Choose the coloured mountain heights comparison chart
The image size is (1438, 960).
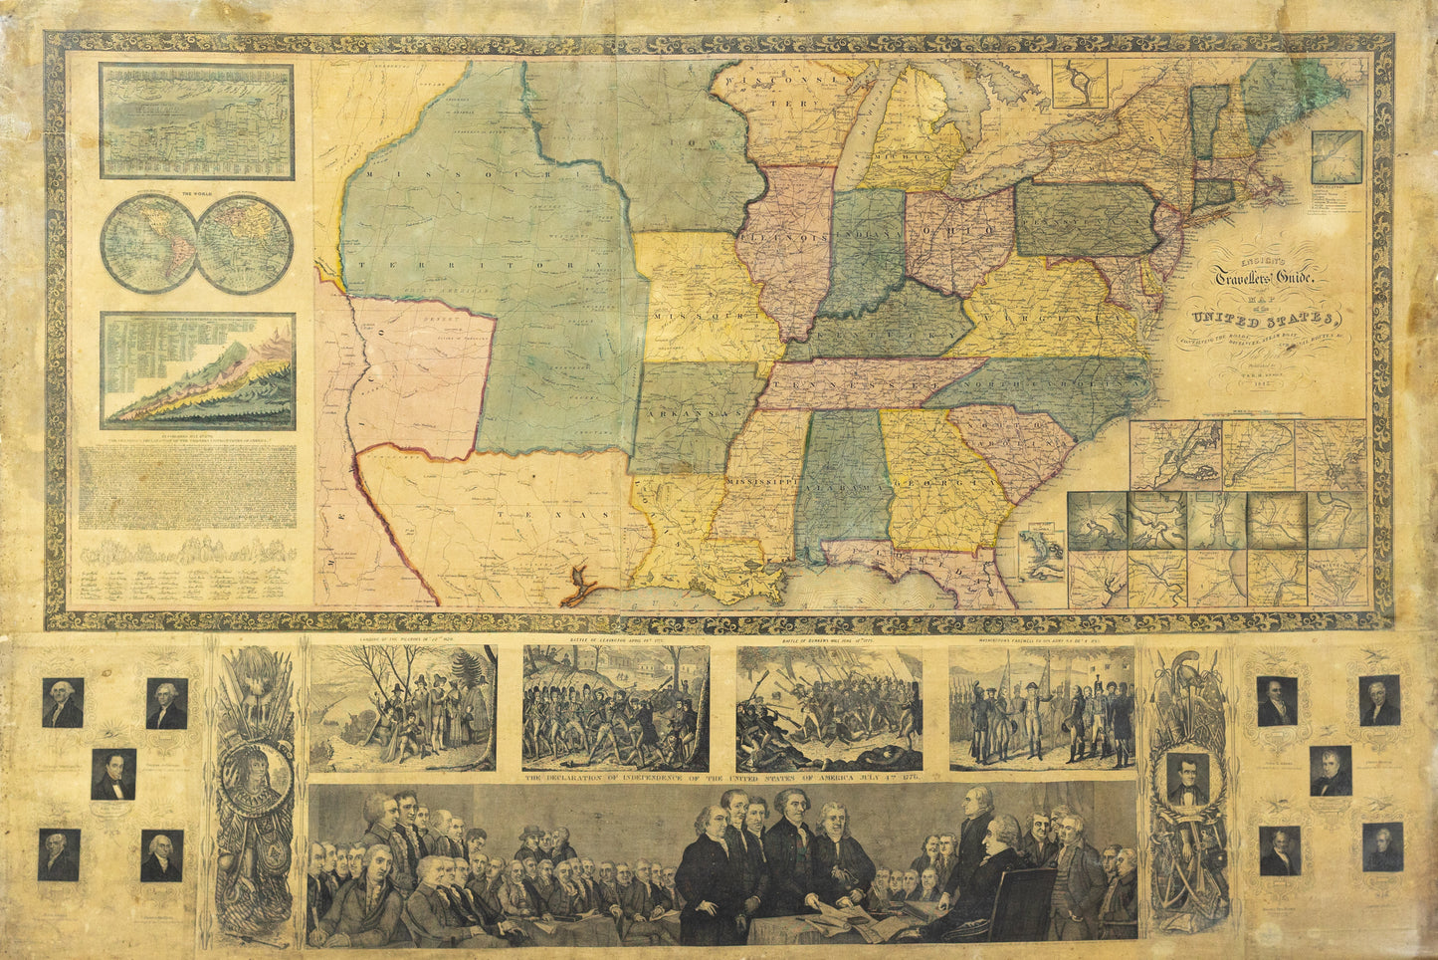[198, 371]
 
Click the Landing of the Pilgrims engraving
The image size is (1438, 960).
[402, 708]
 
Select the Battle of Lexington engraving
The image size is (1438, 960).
[615, 708]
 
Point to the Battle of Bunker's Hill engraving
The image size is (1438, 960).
[829, 708]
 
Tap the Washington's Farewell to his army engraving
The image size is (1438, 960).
[1042, 708]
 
